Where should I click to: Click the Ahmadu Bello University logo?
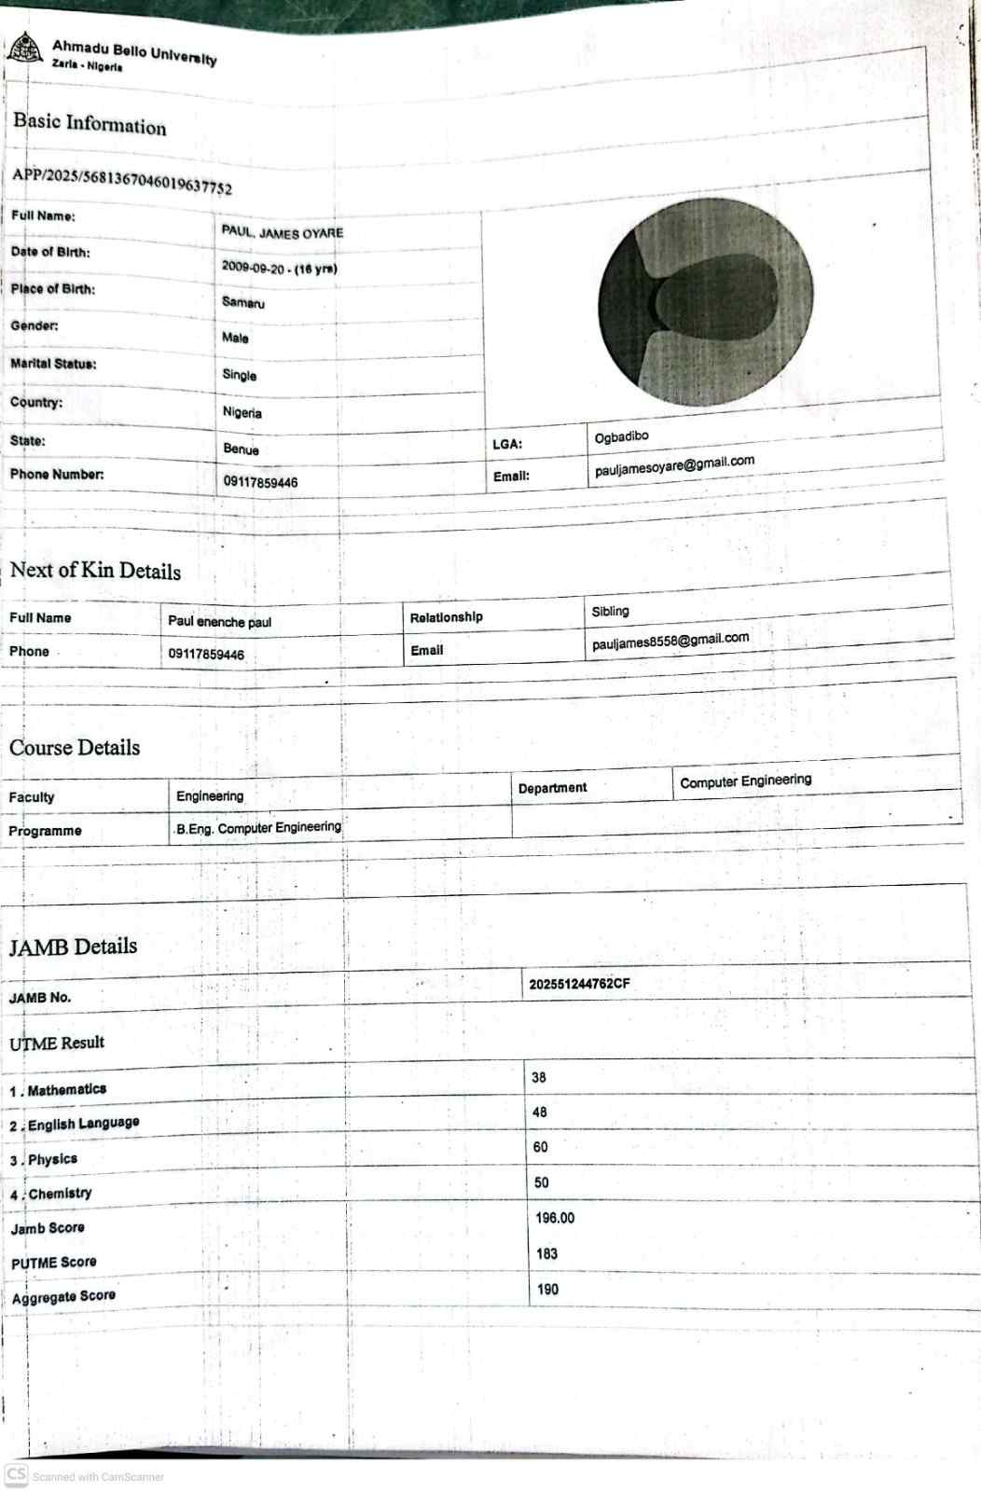[x=23, y=47]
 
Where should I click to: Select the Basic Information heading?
[x=90, y=123]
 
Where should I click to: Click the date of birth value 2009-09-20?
[x=254, y=267]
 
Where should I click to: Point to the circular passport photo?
[x=705, y=301]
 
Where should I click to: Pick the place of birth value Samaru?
[x=243, y=302]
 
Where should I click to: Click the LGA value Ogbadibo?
[x=621, y=437]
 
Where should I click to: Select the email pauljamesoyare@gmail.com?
[x=674, y=465]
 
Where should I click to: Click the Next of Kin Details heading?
[x=95, y=570]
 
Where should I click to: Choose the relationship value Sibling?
[x=610, y=611]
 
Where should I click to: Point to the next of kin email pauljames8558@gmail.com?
[x=670, y=641]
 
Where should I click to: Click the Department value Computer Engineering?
[x=745, y=781]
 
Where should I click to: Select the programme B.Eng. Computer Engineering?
[x=258, y=827]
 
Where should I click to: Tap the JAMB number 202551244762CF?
[x=579, y=984]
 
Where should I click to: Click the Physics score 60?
[x=541, y=1147]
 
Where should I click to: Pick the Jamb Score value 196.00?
[x=555, y=1218]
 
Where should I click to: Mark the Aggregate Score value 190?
[x=547, y=1289]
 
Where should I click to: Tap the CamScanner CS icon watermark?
[x=16, y=1474]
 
